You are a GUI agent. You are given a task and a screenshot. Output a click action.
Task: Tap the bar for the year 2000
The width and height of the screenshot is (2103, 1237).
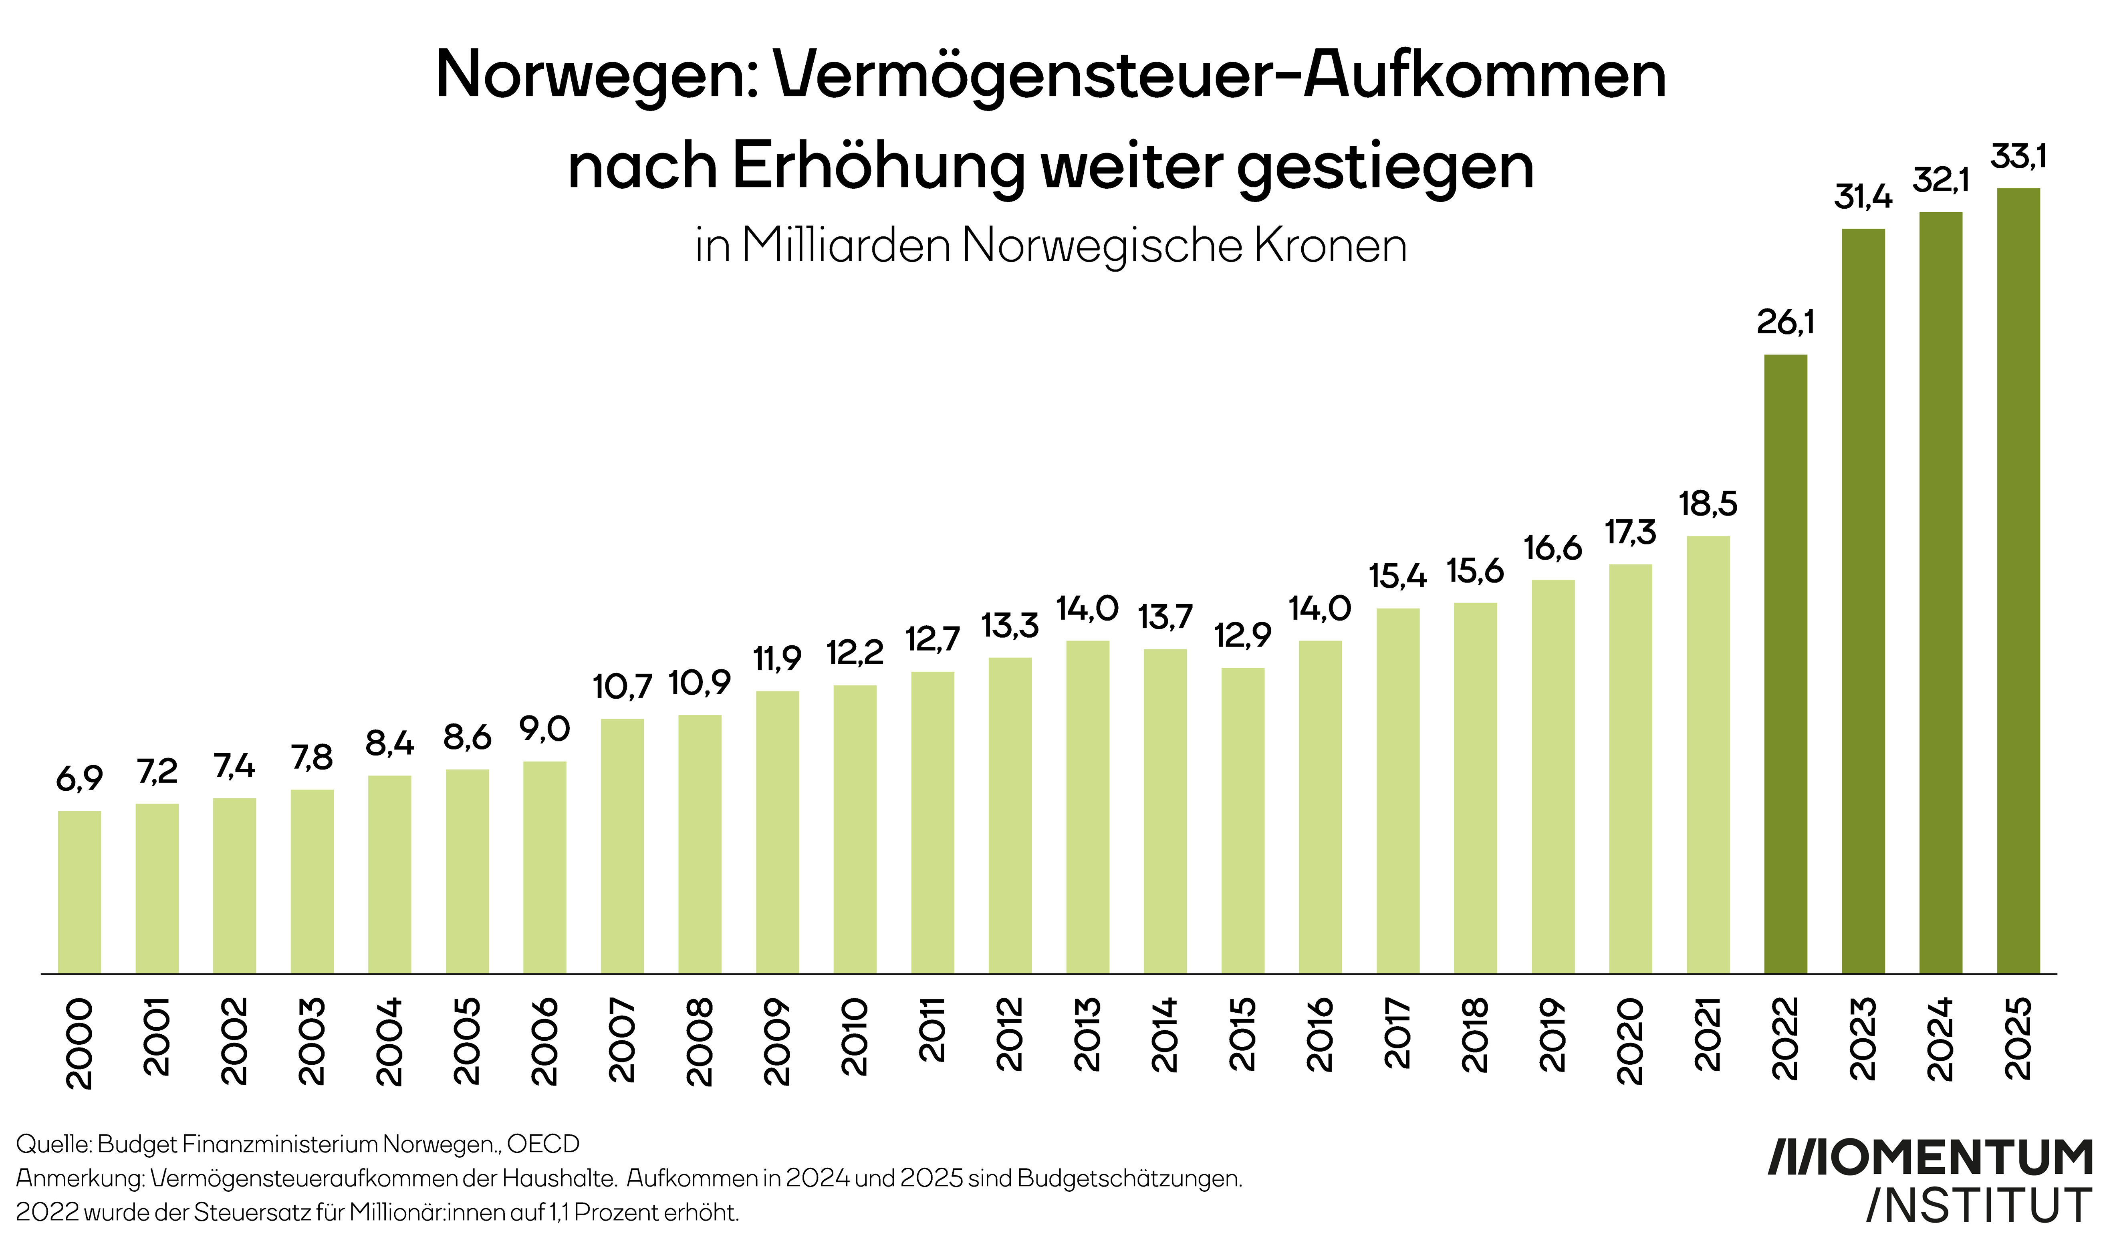coord(79,892)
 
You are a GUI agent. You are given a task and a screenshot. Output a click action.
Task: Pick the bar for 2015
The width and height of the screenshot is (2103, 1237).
coord(1242,821)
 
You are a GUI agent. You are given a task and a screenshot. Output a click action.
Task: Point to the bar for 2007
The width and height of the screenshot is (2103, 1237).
coord(623,846)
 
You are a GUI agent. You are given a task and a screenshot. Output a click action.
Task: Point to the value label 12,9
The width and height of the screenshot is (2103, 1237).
coord(1242,636)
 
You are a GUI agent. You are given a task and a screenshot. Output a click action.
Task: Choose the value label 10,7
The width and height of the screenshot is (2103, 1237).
coord(623,687)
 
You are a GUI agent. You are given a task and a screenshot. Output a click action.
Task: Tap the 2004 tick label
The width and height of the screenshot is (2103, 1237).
coord(390,1041)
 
